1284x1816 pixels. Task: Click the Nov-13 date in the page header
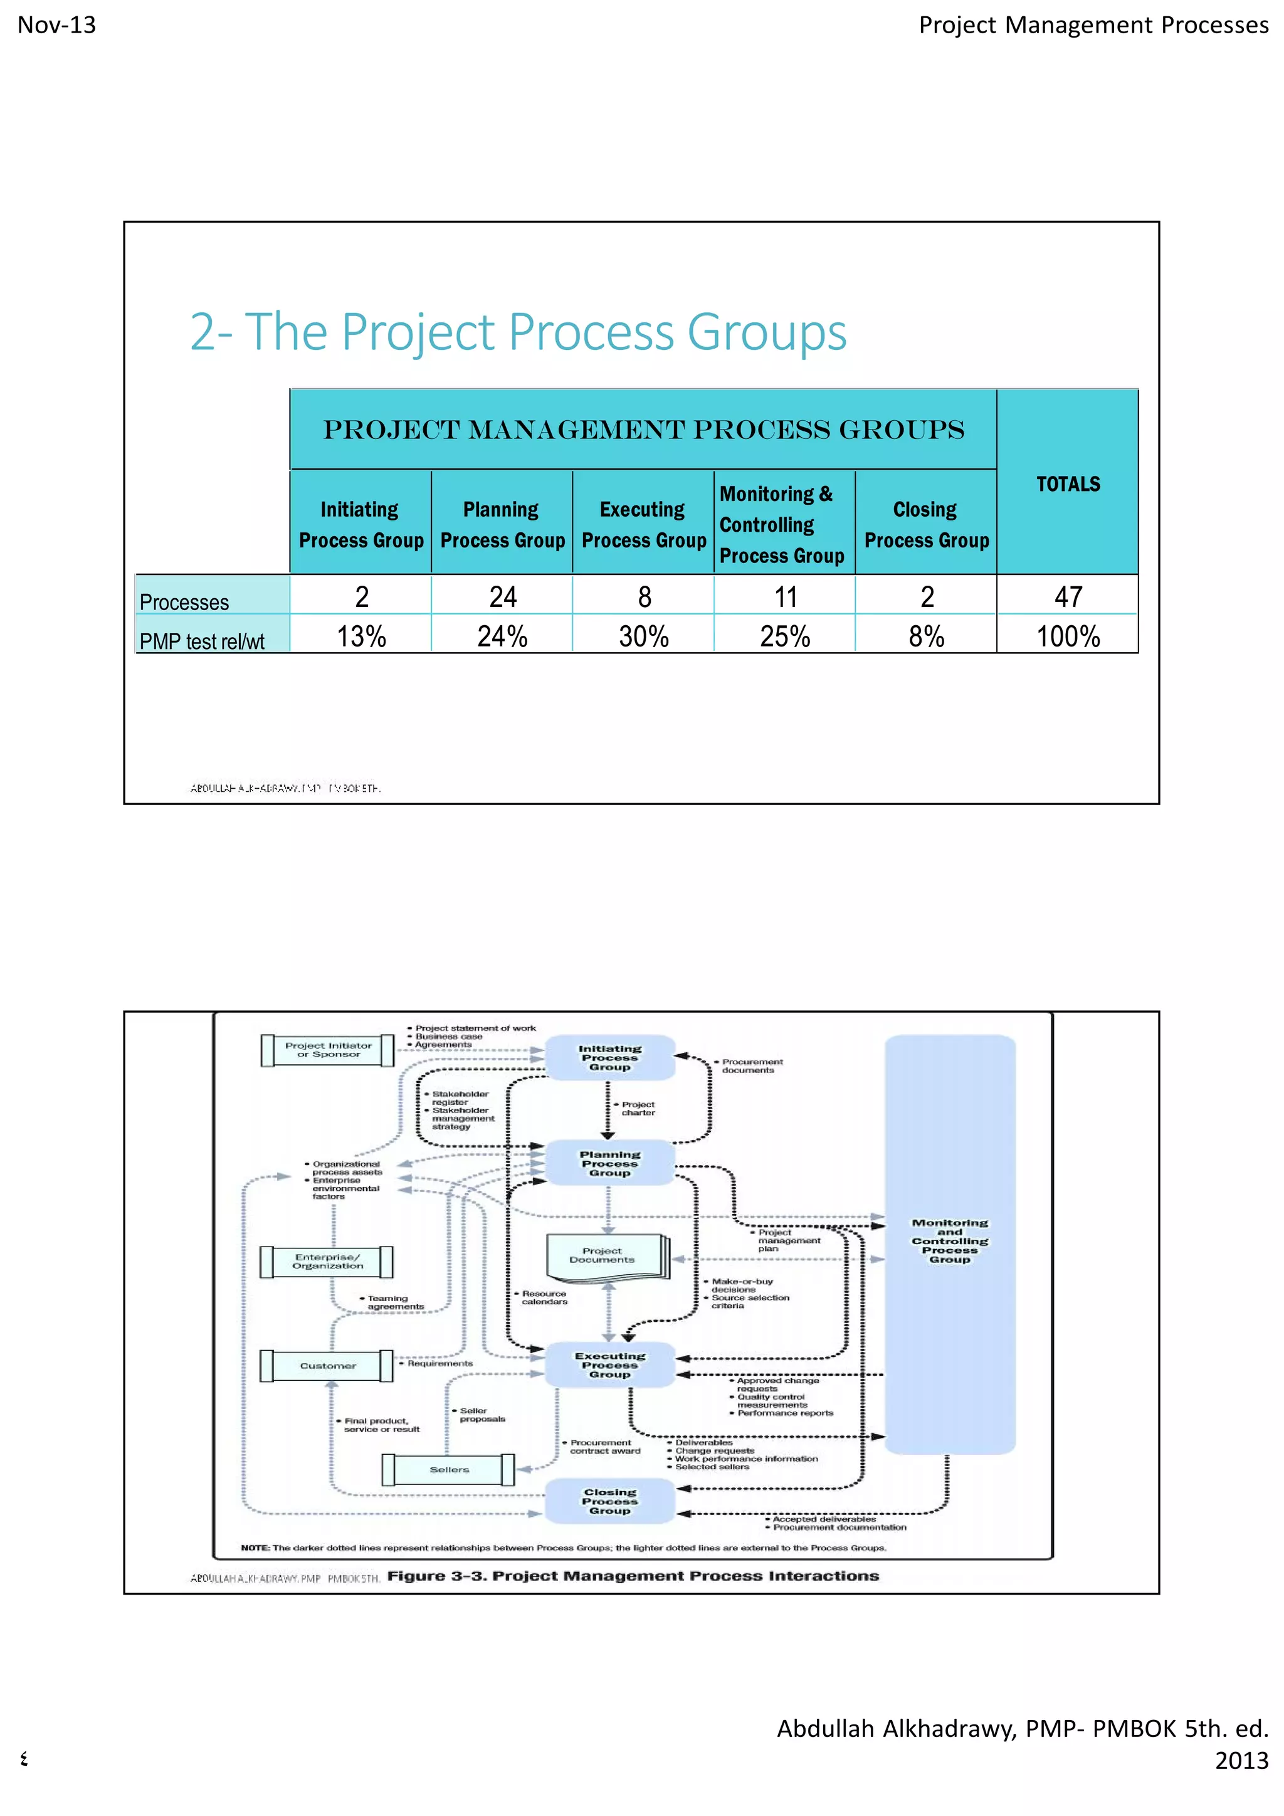pos(57,25)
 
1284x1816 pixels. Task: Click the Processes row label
pos(184,602)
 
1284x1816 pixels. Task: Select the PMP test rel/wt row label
pos(202,641)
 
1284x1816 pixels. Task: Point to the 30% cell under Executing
pos(644,636)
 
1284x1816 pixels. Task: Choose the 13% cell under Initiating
pos(361,636)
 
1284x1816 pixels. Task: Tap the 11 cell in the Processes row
pos(785,596)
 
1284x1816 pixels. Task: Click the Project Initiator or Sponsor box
pos(328,1050)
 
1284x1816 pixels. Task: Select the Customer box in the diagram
pos(327,1365)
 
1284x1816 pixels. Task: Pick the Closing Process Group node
pos(609,1501)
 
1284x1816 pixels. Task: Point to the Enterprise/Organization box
pos(327,1261)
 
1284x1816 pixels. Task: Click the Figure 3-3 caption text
pos(633,1576)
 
